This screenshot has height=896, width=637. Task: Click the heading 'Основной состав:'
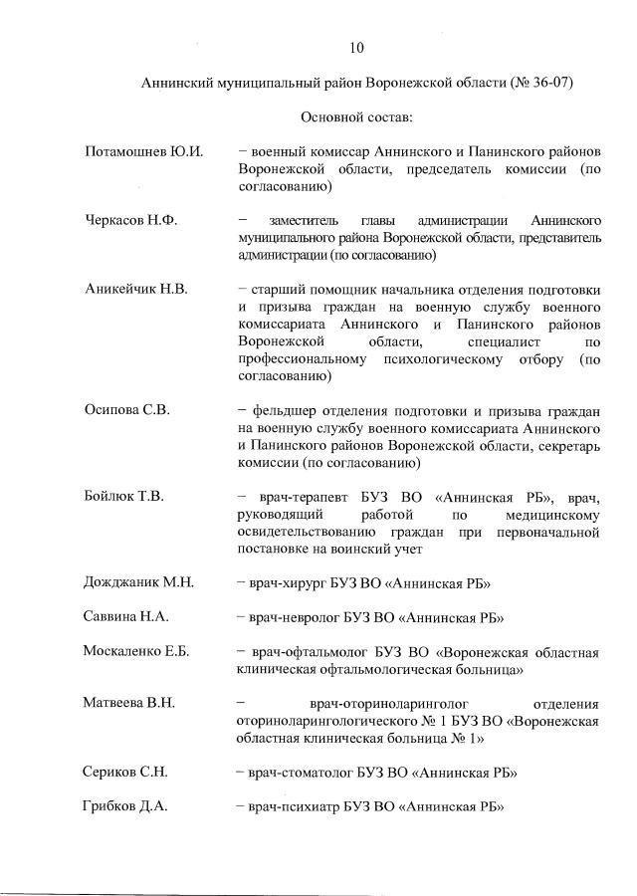356,117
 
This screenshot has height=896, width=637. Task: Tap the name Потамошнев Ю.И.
143,151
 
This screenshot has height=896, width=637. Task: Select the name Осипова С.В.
127,410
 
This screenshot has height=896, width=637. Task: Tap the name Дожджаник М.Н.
138,582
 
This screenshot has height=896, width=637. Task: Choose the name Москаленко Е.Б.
136,652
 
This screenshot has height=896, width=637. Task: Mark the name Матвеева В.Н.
129,703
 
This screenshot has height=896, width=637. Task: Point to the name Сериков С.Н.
126,772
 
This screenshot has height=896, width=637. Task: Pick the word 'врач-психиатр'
297,806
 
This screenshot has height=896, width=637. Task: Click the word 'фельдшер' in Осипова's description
285,410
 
